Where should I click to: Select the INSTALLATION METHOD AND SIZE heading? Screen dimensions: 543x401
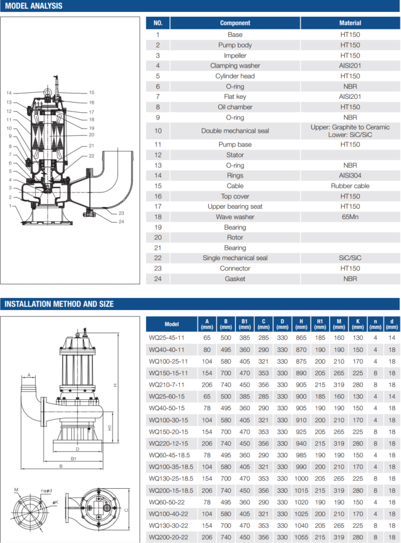[x=59, y=304]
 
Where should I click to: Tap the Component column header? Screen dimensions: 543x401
[x=235, y=23]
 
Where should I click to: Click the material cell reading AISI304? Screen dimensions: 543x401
[x=350, y=176]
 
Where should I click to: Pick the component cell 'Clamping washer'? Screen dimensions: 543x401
[x=235, y=66]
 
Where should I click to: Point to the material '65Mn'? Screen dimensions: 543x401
[x=350, y=217]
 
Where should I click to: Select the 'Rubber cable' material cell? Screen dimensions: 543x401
[x=350, y=186]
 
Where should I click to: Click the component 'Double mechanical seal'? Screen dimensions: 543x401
[x=235, y=131]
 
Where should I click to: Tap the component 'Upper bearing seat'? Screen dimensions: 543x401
[x=235, y=206]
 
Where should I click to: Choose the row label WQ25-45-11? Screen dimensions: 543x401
[x=167, y=338]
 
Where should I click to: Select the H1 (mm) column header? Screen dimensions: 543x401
[x=319, y=324]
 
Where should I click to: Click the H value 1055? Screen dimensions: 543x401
[x=301, y=536]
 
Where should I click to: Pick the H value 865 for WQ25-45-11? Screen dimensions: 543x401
[x=301, y=338]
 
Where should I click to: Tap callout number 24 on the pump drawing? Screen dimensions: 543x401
[x=121, y=221]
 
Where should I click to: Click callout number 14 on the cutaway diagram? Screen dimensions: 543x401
[x=9, y=93]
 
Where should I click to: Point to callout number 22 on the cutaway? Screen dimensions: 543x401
[x=91, y=156]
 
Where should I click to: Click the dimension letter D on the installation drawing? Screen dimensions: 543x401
[x=77, y=449]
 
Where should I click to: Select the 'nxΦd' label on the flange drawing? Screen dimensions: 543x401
[x=45, y=491]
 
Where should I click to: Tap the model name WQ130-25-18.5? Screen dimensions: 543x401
[x=171, y=478]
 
